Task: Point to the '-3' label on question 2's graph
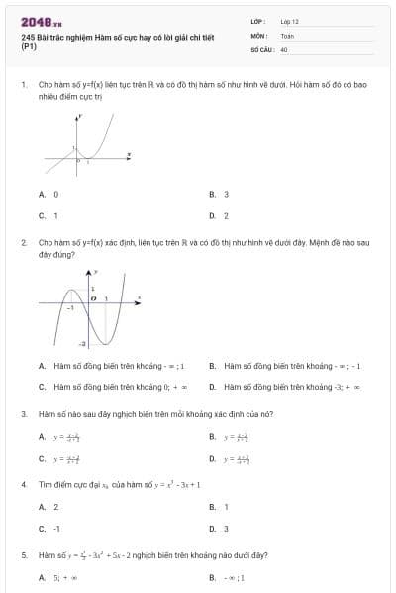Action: click(83, 342)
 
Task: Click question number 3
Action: click(24, 413)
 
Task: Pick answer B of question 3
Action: click(234, 436)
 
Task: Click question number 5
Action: click(24, 555)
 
